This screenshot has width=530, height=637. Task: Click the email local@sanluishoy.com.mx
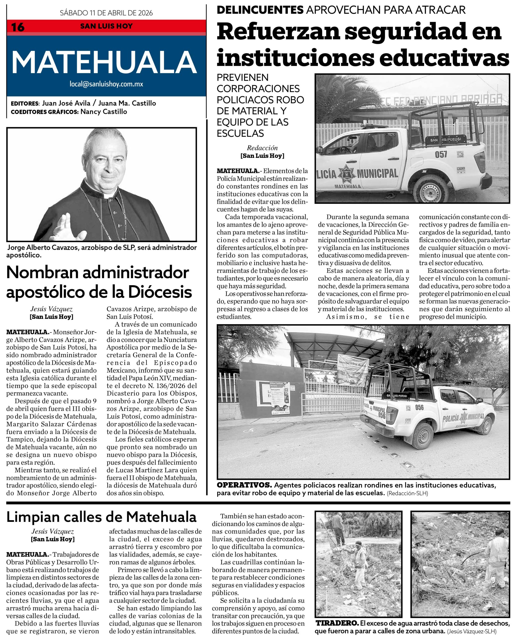click(x=106, y=84)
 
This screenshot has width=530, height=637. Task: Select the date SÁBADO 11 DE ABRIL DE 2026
click(x=106, y=13)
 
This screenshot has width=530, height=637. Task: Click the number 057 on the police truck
click(x=441, y=154)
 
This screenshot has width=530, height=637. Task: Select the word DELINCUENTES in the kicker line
click(x=260, y=10)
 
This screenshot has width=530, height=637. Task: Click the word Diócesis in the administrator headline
click(x=160, y=292)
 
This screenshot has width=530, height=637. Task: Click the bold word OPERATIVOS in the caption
click(x=244, y=485)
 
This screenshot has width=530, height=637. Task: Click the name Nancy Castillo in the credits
click(x=104, y=112)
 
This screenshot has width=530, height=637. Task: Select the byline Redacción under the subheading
click(x=262, y=148)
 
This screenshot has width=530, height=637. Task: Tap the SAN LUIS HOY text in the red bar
click(x=106, y=26)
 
